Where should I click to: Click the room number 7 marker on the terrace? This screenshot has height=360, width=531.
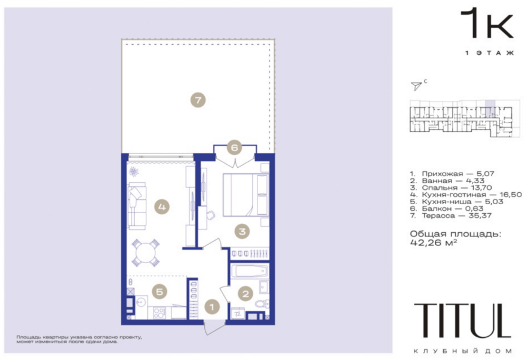(198, 100)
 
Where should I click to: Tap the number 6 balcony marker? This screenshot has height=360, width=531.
(234, 147)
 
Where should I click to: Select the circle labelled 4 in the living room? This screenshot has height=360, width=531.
(162, 207)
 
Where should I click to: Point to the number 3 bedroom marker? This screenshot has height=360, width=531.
(242, 232)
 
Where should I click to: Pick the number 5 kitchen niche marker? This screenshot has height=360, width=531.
(159, 292)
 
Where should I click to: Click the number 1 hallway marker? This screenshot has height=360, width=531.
(212, 307)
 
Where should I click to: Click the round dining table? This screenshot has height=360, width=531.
(146, 253)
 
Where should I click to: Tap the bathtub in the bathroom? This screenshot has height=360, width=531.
(250, 272)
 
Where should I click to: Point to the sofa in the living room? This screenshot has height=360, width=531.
(137, 206)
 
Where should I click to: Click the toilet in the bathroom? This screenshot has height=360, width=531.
(262, 303)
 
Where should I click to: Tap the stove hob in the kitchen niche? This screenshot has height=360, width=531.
(159, 313)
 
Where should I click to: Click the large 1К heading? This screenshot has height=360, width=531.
(487, 24)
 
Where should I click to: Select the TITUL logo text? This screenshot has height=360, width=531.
(462, 321)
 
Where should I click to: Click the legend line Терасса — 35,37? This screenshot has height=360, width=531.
(451, 216)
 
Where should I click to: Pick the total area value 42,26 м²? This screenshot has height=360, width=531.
(434, 242)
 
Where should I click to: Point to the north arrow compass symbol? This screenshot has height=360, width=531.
(417, 85)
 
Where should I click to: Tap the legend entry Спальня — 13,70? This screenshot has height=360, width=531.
(451, 188)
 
